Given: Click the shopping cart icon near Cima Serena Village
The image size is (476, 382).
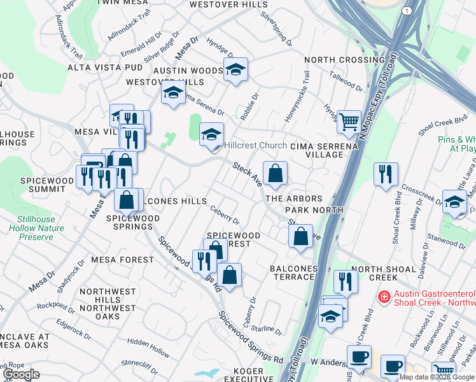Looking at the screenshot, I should (x=349, y=120).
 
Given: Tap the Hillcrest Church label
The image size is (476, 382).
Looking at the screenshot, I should (x=255, y=146).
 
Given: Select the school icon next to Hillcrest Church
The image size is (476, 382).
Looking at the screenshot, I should (x=212, y=134).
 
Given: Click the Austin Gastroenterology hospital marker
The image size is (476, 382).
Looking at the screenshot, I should (x=383, y=297).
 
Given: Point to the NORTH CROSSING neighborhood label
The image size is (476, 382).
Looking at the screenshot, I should (x=335, y=60).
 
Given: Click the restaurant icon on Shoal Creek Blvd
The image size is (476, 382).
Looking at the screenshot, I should (x=386, y=173).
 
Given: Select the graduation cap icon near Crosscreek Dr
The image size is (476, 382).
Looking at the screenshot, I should (x=453, y=202).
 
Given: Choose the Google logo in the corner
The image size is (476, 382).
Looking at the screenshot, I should (x=21, y=374).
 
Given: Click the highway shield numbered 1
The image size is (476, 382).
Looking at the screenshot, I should (x=406, y=11).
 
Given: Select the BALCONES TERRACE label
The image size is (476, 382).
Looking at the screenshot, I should (x=293, y=272).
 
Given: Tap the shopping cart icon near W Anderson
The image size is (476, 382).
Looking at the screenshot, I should (x=443, y=372).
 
